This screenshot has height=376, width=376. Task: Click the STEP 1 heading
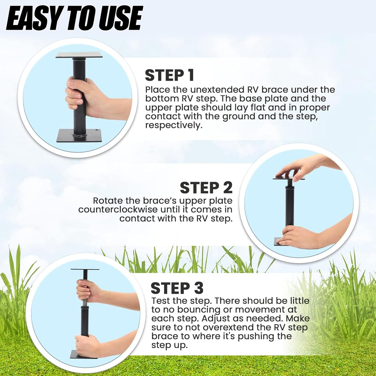(170, 75)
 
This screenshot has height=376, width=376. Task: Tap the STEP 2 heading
(206, 187)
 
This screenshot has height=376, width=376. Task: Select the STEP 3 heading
(177, 288)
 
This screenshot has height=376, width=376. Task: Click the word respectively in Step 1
(173, 126)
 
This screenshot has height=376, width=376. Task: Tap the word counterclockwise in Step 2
(118, 210)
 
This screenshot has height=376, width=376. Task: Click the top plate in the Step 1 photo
(79, 55)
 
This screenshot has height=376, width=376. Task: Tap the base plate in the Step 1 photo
(79, 135)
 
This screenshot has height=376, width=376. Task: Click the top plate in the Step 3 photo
(85, 269)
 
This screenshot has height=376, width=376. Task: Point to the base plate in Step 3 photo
(84, 354)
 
